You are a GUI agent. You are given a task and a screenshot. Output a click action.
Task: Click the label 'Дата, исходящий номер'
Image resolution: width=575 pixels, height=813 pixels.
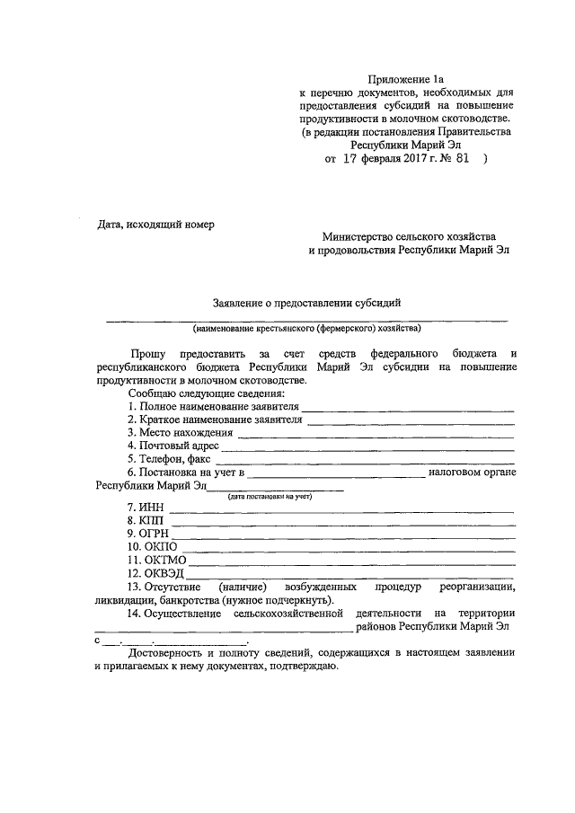pyautogui.click(x=157, y=224)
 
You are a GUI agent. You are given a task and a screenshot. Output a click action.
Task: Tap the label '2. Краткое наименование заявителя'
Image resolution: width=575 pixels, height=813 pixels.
pyautogui.click(x=213, y=420)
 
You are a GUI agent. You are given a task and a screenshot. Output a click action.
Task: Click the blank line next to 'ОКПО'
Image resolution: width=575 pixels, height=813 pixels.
pyautogui.click(x=350, y=551)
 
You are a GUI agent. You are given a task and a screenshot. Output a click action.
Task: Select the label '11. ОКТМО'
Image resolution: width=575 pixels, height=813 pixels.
pyautogui.click(x=155, y=559)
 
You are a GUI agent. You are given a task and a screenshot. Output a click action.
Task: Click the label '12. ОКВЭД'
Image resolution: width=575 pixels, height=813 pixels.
pyautogui.click(x=155, y=572)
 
